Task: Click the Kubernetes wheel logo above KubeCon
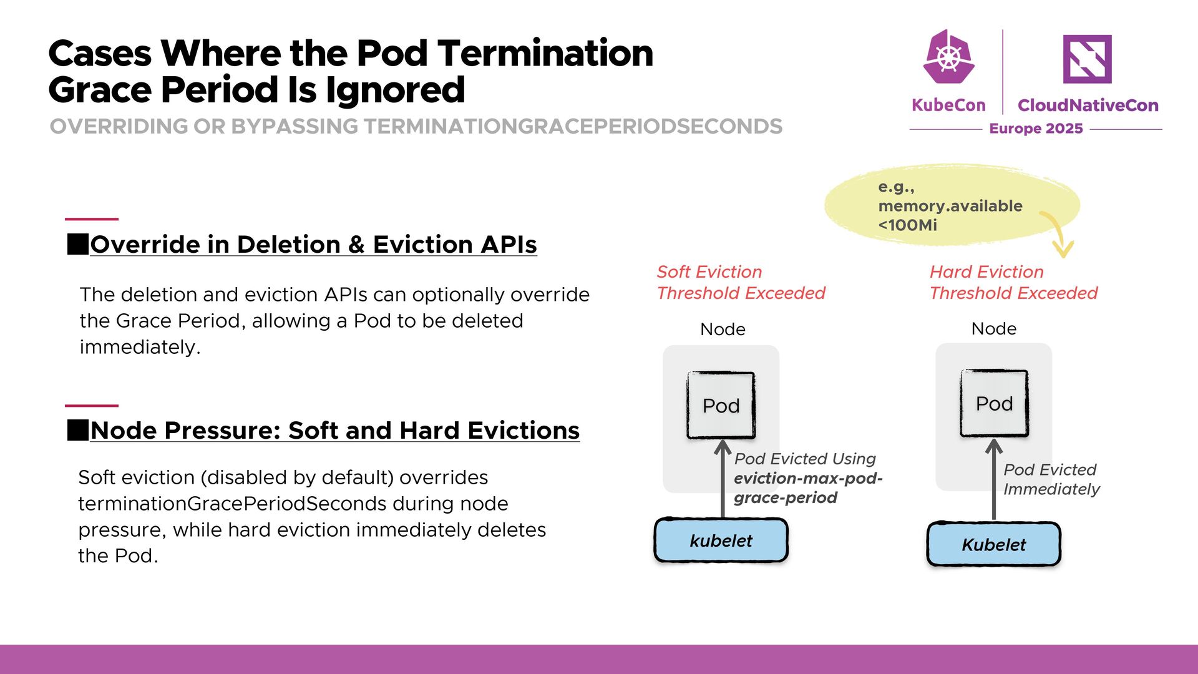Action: tap(948, 57)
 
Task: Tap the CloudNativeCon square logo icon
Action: tap(1087, 59)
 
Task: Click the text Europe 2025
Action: tap(1036, 129)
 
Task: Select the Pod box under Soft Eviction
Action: tap(721, 406)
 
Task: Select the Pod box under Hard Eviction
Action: tap(994, 404)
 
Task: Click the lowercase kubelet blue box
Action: tap(721, 540)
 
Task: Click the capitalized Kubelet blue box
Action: tap(993, 545)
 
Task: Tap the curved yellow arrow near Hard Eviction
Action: tap(1058, 234)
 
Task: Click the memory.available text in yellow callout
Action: tap(950, 206)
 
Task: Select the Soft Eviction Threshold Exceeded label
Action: tap(741, 283)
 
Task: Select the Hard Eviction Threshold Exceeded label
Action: tap(1013, 283)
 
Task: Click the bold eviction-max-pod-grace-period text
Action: tap(807, 488)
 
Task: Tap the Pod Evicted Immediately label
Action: tap(1051, 479)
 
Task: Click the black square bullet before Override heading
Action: tap(77, 244)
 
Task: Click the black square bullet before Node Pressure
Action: tap(77, 430)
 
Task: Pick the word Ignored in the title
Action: tap(395, 90)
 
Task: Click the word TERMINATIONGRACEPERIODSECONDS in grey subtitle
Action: tap(572, 127)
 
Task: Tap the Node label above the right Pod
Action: tap(994, 329)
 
